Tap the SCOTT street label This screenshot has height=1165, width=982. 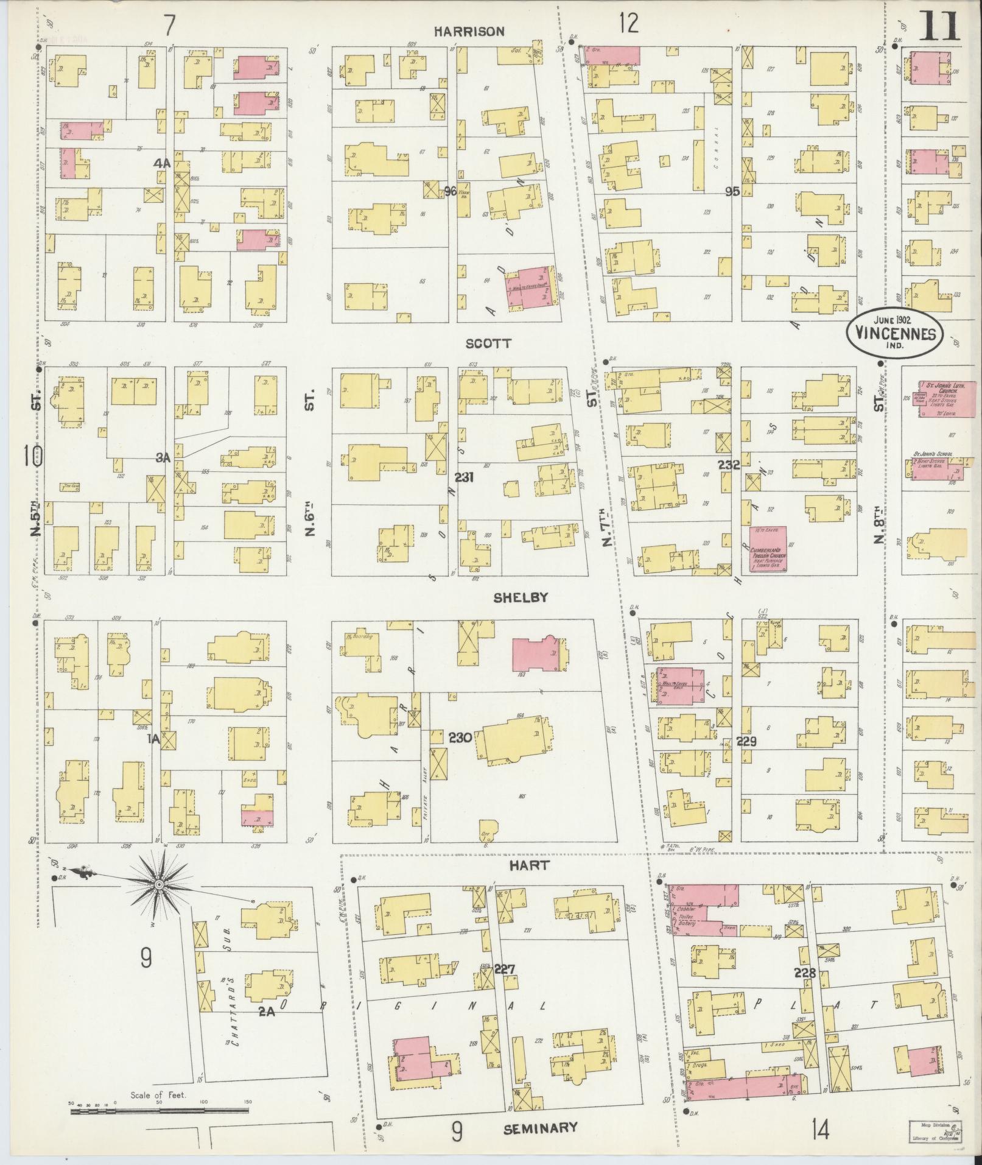coord(488,343)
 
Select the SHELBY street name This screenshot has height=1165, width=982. coord(520,597)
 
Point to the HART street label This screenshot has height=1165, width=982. coord(529,865)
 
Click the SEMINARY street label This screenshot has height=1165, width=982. coord(541,1127)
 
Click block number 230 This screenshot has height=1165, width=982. coord(460,737)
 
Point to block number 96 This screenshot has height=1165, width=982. coord(450,191)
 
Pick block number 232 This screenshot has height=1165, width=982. coord(728,465)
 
